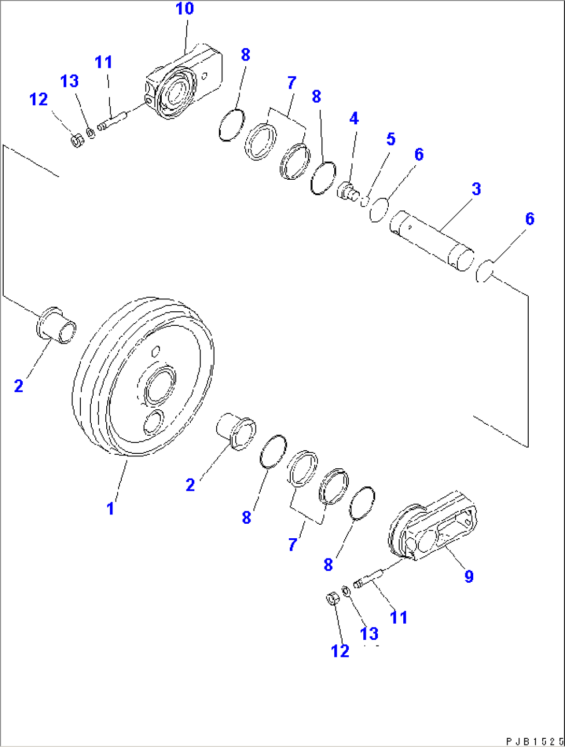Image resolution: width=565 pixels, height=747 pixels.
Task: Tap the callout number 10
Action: click(x=185, y=9)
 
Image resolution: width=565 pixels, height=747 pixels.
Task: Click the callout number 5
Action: click(x=391, y=139)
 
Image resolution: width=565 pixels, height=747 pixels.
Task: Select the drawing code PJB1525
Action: click(x=534, y=741)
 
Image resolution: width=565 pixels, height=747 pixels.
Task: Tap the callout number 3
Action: click(x=476, y=189)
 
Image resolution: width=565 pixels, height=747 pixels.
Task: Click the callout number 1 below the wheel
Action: click(x=110, y=508)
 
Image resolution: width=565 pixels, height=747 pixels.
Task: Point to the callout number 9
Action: click(x=469, y=576)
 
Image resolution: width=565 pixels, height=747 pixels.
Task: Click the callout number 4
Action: click(x=354, y=119)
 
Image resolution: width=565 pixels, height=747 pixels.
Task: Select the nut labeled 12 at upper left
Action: click(x=77, y=140)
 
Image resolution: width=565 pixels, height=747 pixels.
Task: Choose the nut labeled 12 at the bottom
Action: click(x=332, y=599)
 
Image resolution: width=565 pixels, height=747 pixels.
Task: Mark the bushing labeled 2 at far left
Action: click(x=56, y=326)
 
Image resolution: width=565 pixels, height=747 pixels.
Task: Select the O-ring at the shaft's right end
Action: click(x=483, y=271)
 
